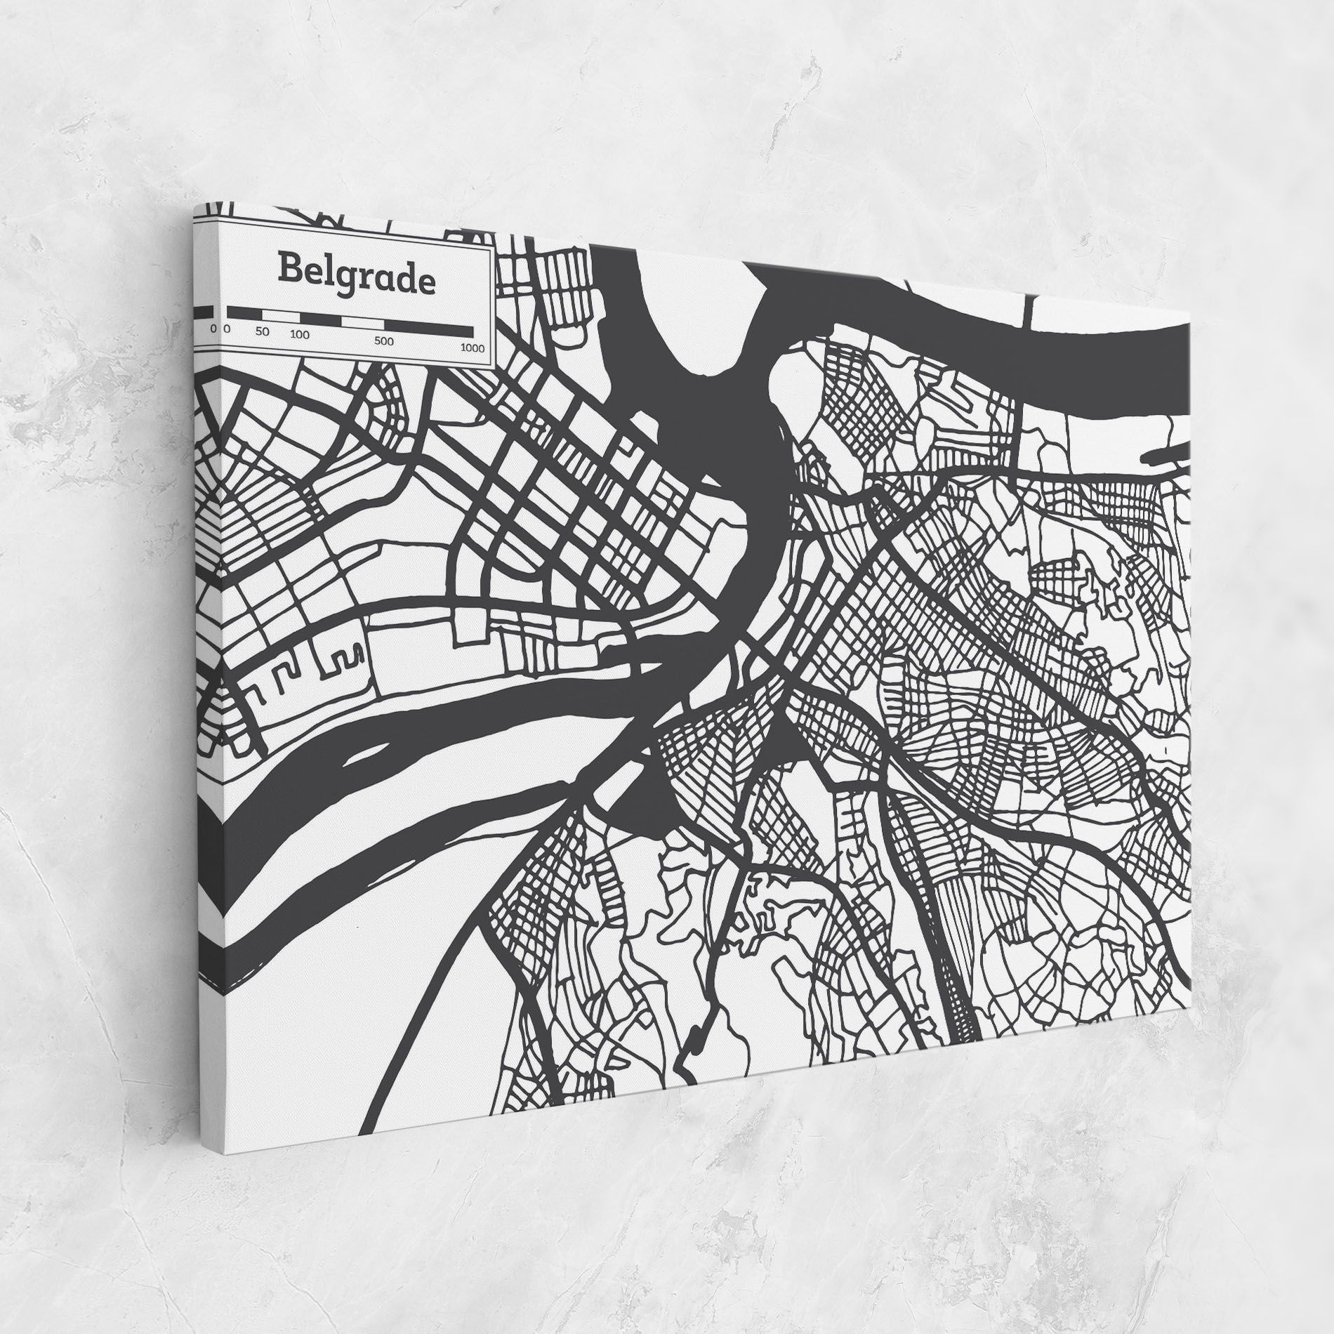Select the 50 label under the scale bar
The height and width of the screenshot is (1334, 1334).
pyautogui.click(x=263, y=332)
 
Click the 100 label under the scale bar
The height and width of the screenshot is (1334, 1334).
pyautogui.click(x=300, y=334)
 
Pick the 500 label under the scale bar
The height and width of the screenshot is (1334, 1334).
pyautogui.click(x=383, y=341)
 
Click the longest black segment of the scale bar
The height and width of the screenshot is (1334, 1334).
pyautogui.click(x=428, y=327)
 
